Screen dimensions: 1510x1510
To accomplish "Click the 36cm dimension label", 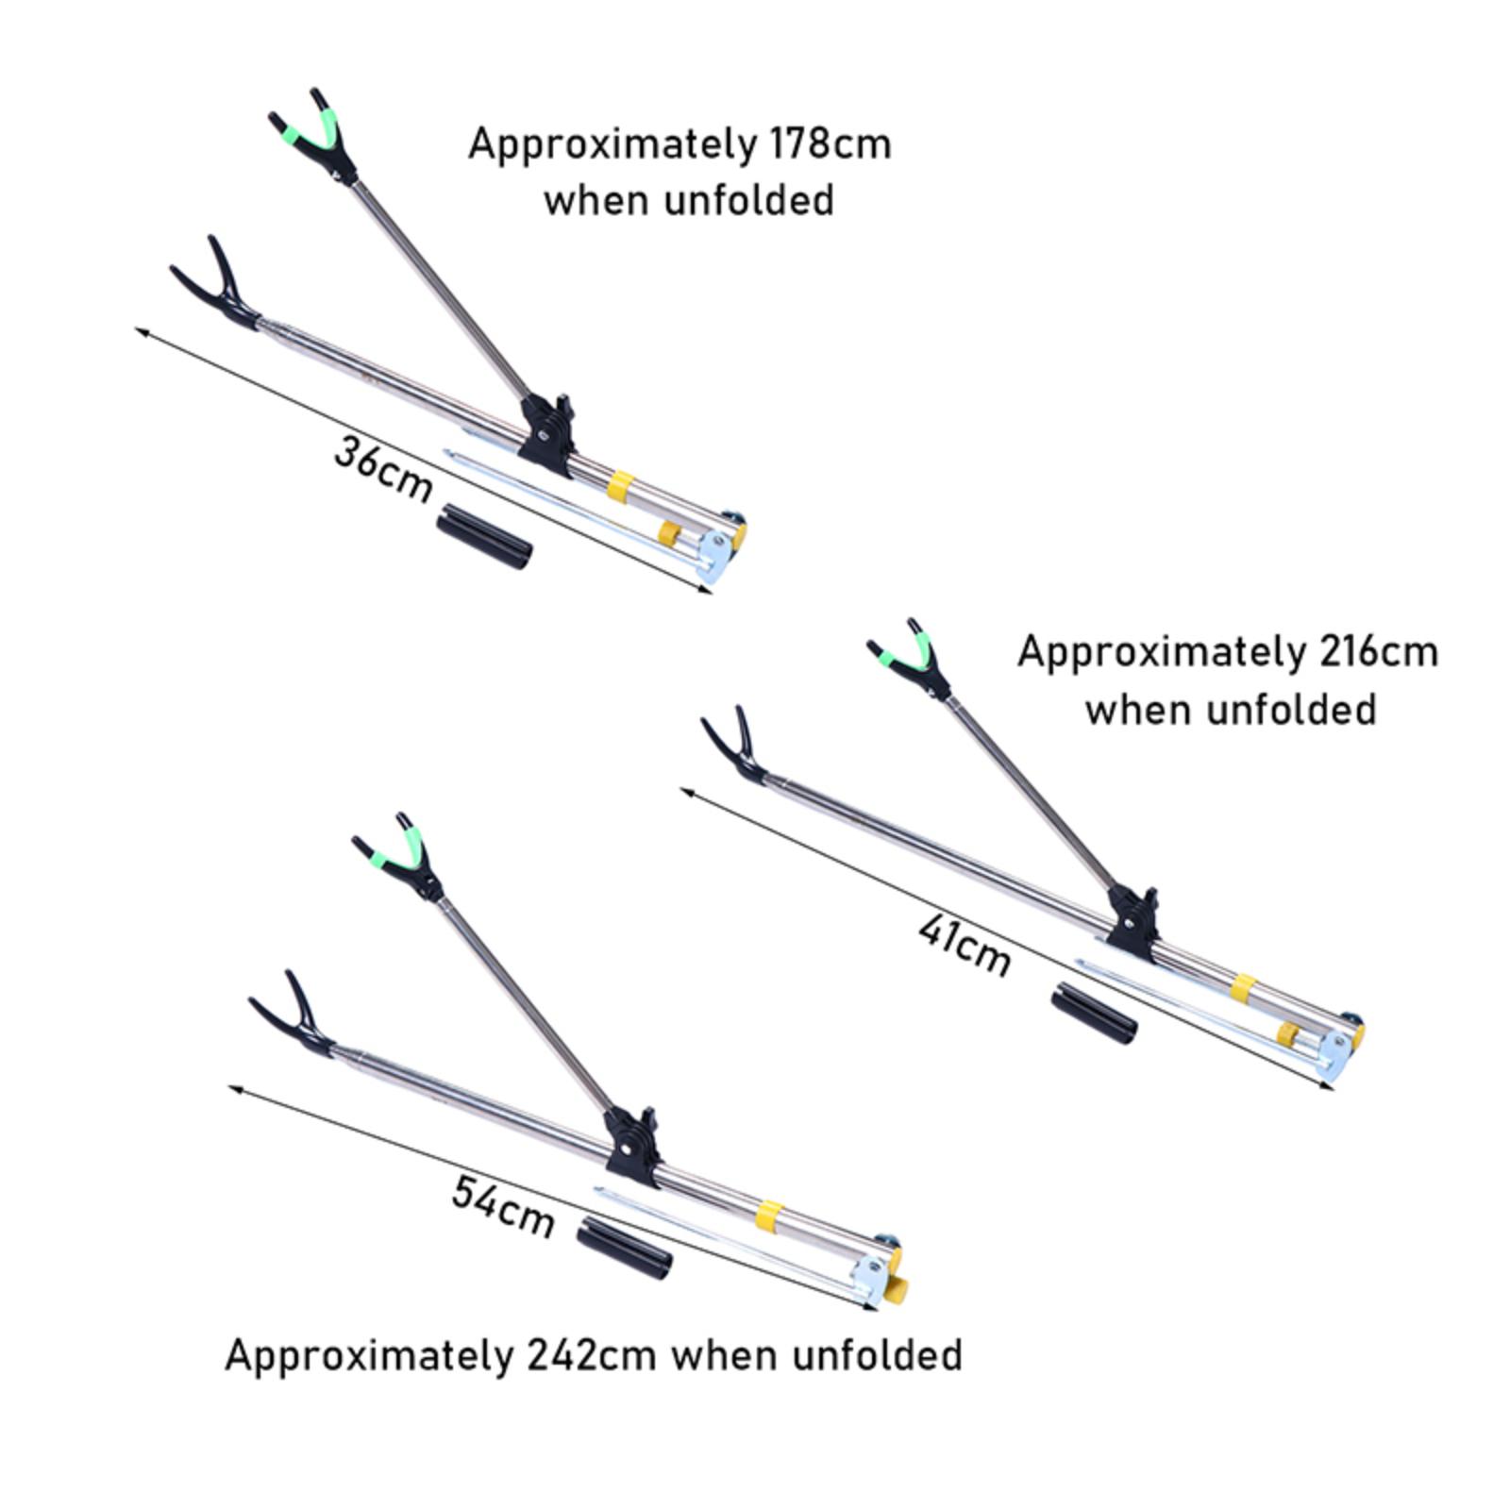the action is pos(382,469).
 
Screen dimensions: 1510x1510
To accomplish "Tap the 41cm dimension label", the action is pos(964,946).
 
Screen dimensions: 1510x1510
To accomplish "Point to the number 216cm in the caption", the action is pos(1379,652).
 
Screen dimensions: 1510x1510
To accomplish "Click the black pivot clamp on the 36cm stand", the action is pos(546,434).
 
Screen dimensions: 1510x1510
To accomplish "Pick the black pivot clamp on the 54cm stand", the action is pos(631,1147).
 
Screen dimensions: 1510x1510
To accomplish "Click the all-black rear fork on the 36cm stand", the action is pos(216,286).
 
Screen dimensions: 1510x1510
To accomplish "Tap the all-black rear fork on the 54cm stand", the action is pos(293,1015).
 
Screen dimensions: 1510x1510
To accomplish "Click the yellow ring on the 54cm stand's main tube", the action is pos(769,1216).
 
